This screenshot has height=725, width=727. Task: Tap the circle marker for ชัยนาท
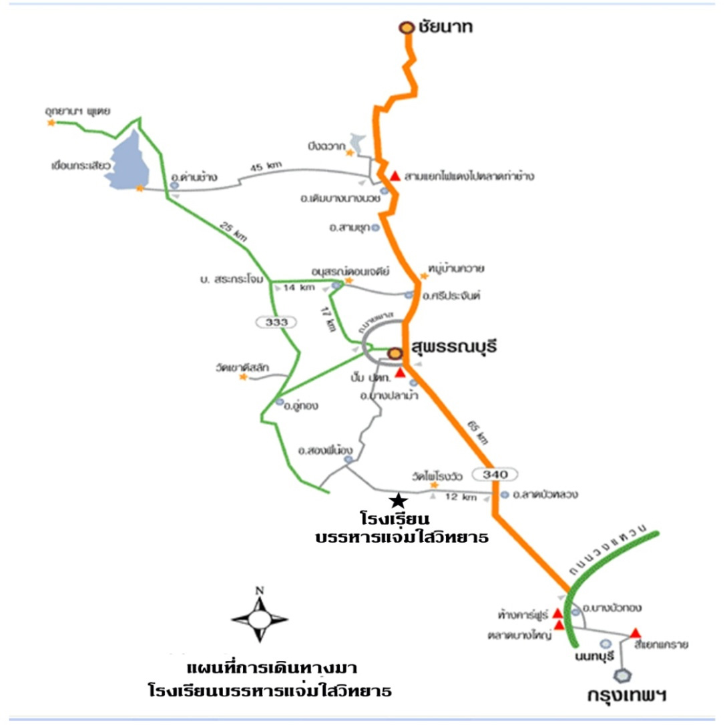[x=406, y=27]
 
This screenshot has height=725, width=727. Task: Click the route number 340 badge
[x=495, y=474]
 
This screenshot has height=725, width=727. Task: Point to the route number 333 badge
[x=276, y=322]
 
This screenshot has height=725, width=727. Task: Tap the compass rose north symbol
[x=260, y=618]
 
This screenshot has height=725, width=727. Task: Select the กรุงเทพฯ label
[x=631, y=695]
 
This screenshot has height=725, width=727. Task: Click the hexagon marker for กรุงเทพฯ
[x=625, y=675]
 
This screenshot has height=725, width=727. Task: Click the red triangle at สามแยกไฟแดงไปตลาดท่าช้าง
[x=395, y=176]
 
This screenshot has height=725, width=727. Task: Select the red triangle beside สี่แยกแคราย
[x=636, y=632]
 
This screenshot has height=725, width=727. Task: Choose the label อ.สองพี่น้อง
[x=324, y=449]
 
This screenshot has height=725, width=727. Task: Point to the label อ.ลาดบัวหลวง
[x=546, y=495]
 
